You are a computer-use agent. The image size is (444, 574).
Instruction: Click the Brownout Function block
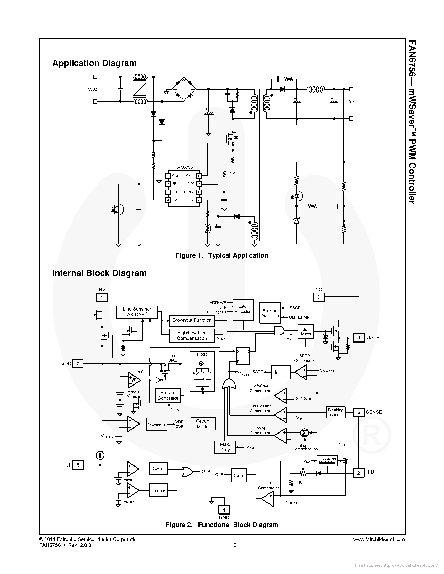pyautogui.click(x=192, y=320)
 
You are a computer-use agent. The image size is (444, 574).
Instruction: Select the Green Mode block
pyautogui.click(x=202, y=424)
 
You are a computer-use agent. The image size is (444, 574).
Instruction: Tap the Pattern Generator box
pyautogui.click(x=168, y=395)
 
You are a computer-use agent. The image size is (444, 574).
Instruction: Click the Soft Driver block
pyautogui.click(x=306, y=331)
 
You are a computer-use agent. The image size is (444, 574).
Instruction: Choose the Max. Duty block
pyautogui.click(x=225, y=447)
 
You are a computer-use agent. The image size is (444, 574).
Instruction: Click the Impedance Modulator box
pyautogui.click(x=327, y=461)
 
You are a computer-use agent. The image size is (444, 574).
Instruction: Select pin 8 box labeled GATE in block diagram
pyautogui.click(x=358, y=338)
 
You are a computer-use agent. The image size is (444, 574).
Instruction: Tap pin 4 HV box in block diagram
pyautogui.click(x=102, y=297)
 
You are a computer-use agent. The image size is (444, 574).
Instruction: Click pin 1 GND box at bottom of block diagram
pyautogui.click(x=224, y=510)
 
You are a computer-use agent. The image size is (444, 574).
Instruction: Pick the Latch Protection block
pyautogui.click(x=243, y=309)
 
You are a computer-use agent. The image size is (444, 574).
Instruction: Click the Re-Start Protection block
pyautogui.click(x=270, y=313)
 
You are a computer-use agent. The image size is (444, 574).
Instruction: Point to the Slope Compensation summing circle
pyautogui.click(x=304, y=433)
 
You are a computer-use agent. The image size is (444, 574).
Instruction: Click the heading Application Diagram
pyautogui.click(x=94, y=63)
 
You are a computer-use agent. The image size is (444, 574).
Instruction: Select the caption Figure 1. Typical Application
pyautogui.click(x=222, y=255)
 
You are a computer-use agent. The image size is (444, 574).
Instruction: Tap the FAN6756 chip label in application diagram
pyautogui.click(x=184, y=167)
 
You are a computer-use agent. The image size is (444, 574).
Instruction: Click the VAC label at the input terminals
pyautogui.click(x=93, y=89)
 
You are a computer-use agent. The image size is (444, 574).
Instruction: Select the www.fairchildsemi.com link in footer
pyautogui.click(x=379, y=539)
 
